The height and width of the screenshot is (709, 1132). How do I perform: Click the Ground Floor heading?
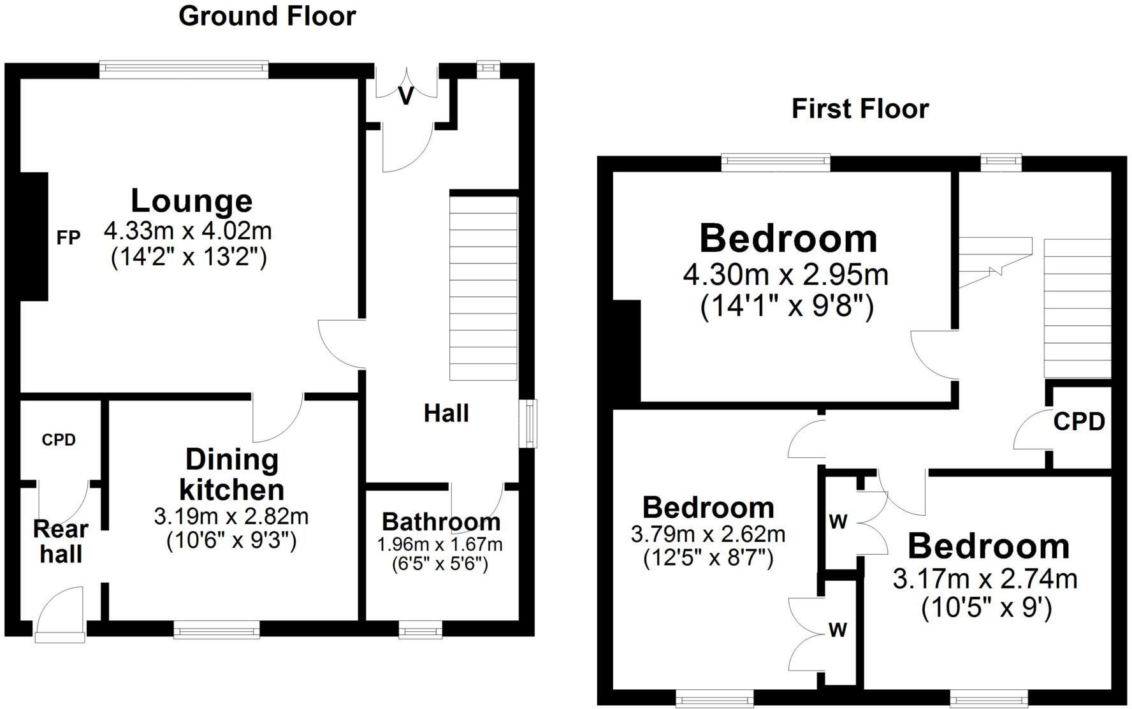[x=267, y=16]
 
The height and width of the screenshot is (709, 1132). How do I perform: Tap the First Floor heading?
[x=860, y=109]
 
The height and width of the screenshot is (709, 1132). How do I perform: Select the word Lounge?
[x=192, y=201]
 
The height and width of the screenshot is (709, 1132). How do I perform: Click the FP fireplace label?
[x=69, y=238]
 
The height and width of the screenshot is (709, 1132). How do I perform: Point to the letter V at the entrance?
[x=406, y=96]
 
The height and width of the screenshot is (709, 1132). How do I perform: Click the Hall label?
[x=446, y=414]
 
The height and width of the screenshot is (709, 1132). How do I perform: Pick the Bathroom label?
[x=441, y=522]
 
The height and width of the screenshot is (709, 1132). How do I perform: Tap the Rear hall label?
[x=61, y=541]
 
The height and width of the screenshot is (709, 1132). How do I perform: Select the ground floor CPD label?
[x=59, y=440]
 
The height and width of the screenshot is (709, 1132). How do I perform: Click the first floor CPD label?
[x=1078, y=422]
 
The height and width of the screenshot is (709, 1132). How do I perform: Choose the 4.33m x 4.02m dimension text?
[x=188, y=230]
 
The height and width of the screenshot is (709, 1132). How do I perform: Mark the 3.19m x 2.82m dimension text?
[x=231, y=516]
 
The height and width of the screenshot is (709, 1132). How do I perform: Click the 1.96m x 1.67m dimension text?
[x=440, y=545]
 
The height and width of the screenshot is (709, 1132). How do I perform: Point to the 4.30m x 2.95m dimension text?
[x=786, y=275]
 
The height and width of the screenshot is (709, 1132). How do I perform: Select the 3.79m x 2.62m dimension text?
[x=708, y=534]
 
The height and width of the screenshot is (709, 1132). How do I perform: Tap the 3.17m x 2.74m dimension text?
[x=985, y=580]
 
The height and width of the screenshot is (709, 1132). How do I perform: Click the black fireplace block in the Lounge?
[x=34, y=237]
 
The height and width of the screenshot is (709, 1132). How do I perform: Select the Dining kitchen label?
[x=232, y=475]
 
